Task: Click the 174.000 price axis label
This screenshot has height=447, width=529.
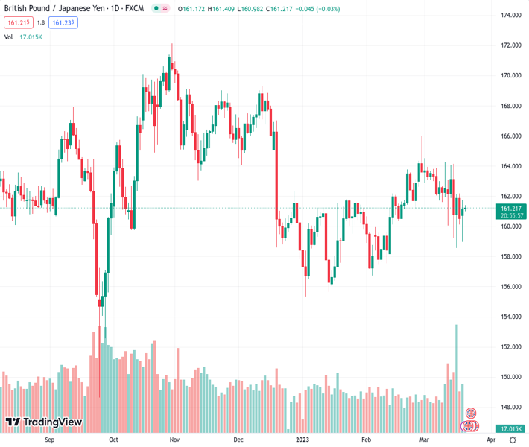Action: click(x=510, y=15)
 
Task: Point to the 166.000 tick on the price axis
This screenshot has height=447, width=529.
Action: click(x=510, y=136)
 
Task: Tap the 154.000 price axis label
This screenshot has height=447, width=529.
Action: click(x=510, y=317)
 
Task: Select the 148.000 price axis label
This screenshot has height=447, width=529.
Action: click(x=510, y=408)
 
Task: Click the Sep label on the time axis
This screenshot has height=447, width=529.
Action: click(x=50, y=440)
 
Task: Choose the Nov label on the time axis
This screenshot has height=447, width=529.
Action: click(x=174, y=440)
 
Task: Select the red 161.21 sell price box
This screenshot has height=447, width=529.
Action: click(x=16, y=22)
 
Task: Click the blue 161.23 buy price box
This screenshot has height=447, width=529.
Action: click(x=64, y=22)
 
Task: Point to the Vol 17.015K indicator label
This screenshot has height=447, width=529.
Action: click(x=23, y=37)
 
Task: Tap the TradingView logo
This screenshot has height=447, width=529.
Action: click(x=43, y=422)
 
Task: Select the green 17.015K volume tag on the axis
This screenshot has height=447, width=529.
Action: click(x=510, y=429)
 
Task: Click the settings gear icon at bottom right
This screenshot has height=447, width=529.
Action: click(x=513, y=440)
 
